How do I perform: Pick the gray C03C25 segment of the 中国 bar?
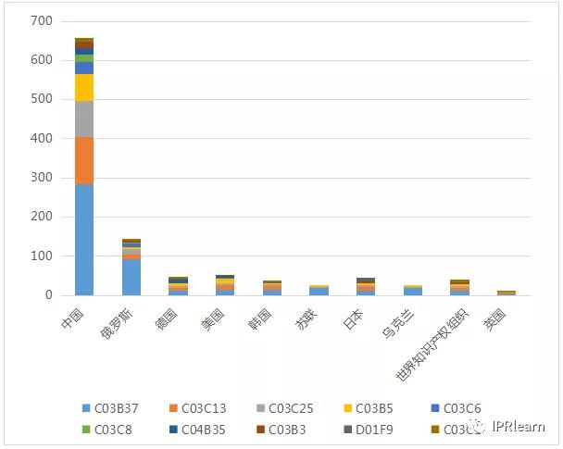tap(84, 118)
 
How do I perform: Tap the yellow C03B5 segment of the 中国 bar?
tap(84, 87)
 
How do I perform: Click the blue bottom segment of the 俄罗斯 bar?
tap(131, 277)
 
